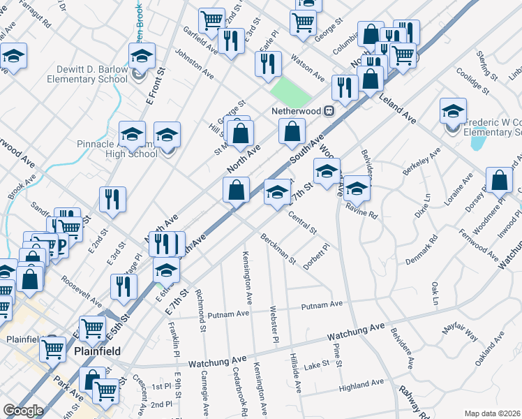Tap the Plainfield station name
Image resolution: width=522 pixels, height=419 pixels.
[x=97, y=351]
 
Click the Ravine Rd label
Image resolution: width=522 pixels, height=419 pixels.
[x=361, y=212]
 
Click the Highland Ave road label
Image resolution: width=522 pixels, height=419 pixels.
[x=361, y=384]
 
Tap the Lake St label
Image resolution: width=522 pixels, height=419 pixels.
[x=316, y=365]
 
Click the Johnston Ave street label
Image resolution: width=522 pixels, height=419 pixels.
[x=193, y=62]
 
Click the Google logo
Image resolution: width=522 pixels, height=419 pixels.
[x=23, y=411]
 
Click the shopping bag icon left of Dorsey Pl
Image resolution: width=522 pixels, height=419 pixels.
[x=499, y=181]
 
